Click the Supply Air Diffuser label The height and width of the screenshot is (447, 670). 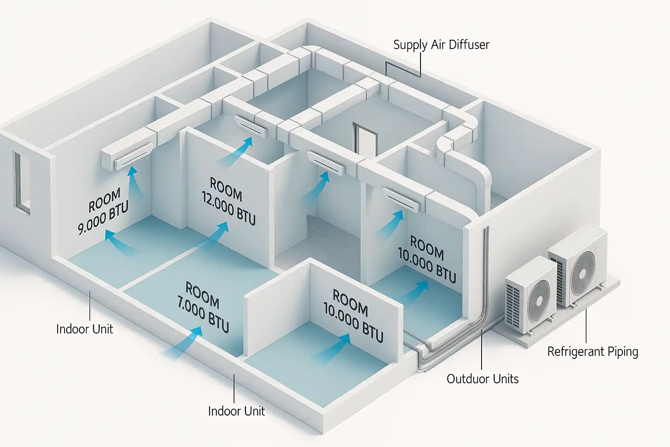coord(441,45)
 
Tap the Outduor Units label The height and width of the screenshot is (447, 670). coord(482,378)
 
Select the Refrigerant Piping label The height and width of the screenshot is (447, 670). coord(592,352)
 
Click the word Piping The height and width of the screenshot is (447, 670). coord(622,352)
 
